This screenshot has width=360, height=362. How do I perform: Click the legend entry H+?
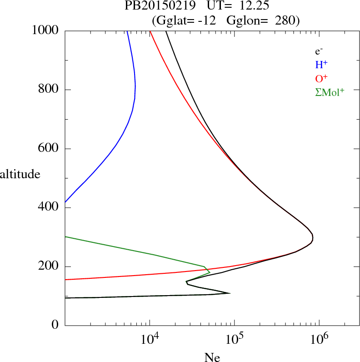click(x=322, y=65)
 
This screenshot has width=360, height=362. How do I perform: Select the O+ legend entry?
click(x=322, y=78)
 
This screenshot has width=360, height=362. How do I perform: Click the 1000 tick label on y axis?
click(x=45, y=31)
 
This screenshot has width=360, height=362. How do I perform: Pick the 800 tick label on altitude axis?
click(x=49, y=90)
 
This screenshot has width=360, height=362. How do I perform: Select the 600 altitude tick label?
click(x=49, y=149)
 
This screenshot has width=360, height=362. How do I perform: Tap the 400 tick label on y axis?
click(x=49, y=208)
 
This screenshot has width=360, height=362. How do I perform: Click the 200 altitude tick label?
click(x=49, y=266)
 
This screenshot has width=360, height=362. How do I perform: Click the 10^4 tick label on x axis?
click(x=150, y=339)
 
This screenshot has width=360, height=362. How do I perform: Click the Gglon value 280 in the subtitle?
click(x=286, y=20)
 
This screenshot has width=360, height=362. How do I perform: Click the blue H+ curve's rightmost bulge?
click(x=135, y=86)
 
